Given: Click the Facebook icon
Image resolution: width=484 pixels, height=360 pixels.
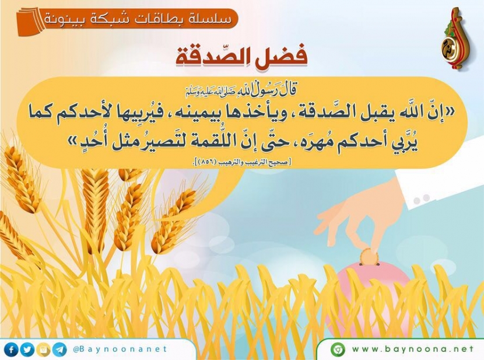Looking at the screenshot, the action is coord(12,350).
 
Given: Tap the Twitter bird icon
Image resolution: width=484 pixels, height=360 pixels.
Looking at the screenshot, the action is coord(27,350).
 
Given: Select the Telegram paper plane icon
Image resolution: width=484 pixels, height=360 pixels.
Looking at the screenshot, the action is coord(59,350).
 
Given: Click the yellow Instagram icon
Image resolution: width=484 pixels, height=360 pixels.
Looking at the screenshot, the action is coord(44,350).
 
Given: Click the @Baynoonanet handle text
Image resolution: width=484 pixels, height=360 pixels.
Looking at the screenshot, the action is coord(120,349).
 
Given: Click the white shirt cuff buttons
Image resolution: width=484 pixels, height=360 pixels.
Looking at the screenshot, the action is coord(422,199).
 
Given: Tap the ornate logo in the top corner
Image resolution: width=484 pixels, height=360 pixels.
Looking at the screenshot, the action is coord(454,39).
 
